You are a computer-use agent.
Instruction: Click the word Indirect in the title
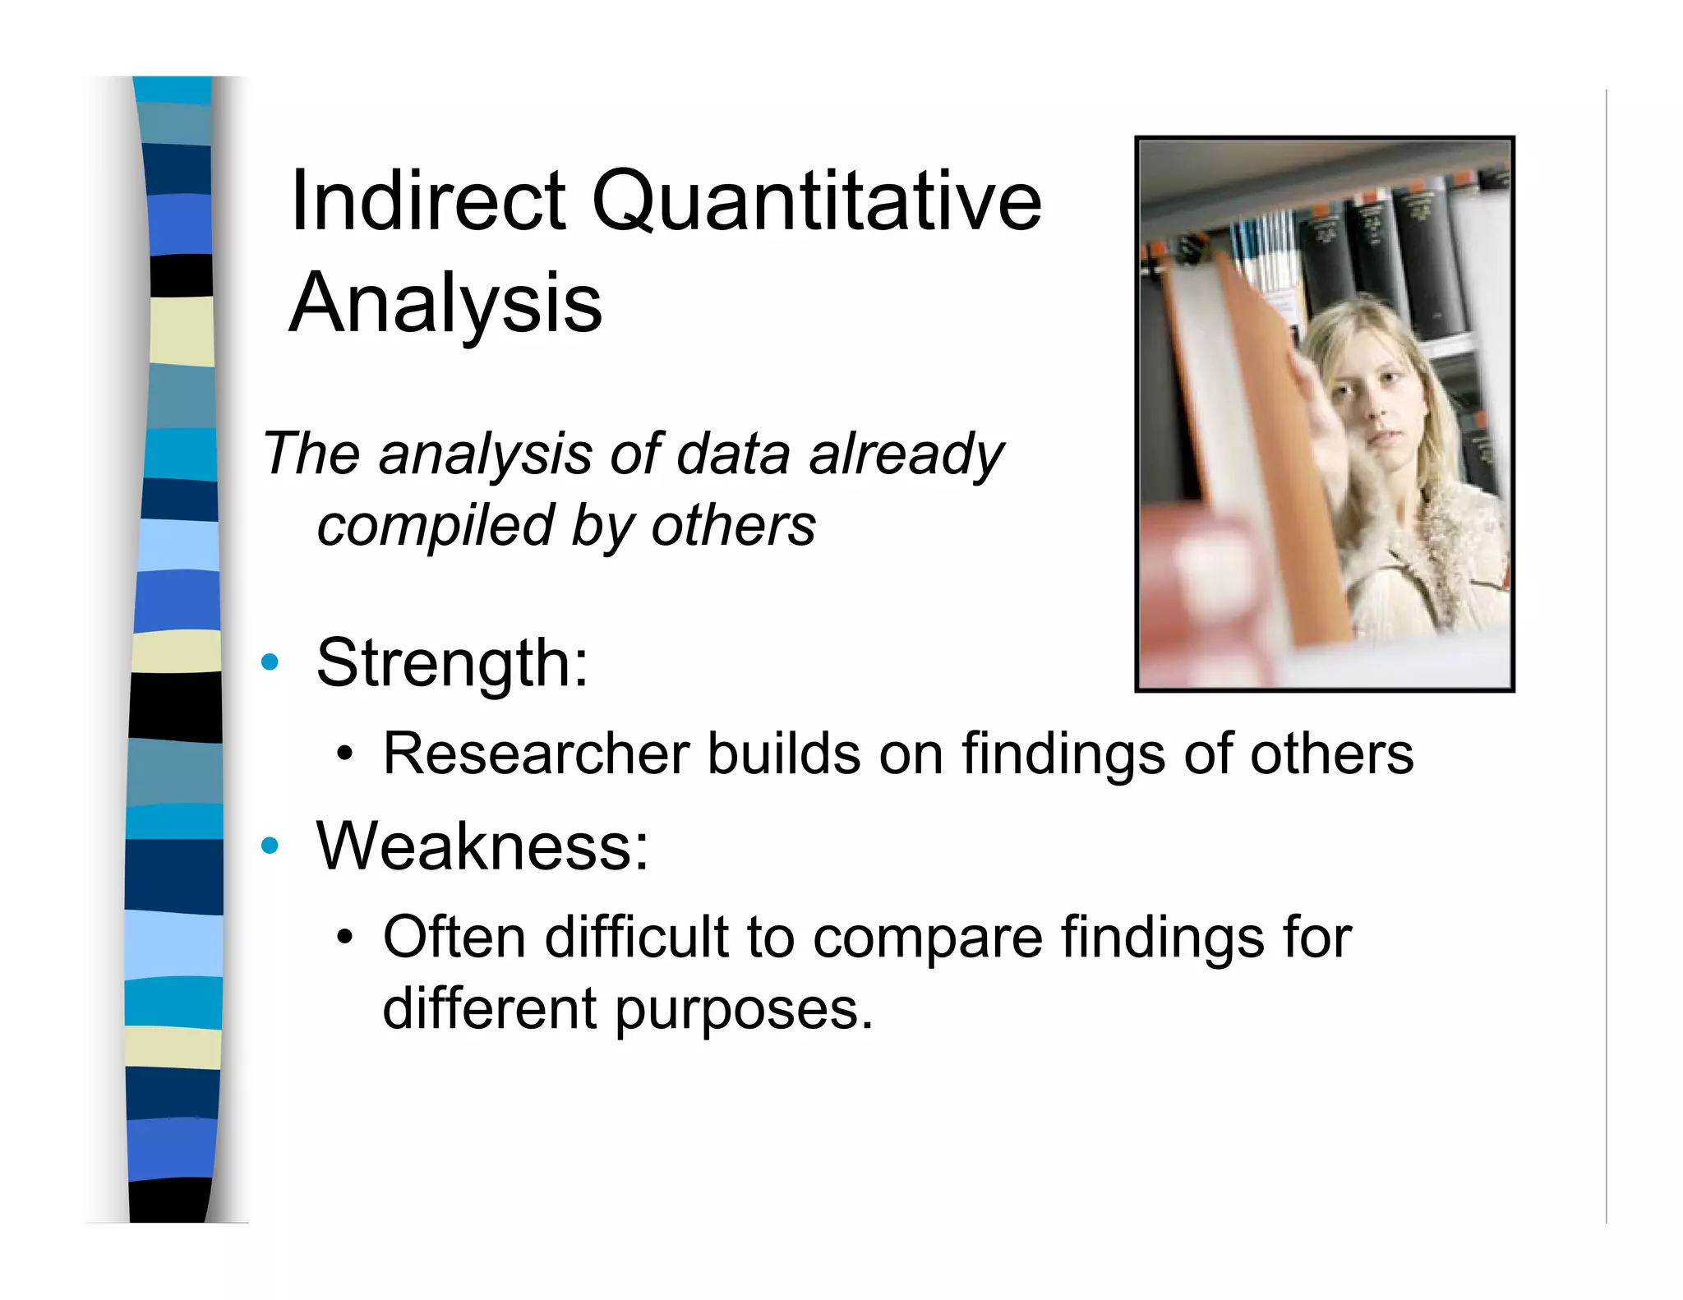tap(427, 200)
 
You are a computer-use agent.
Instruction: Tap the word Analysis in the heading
tap(446, 304)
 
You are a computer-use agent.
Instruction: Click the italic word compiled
tap(436, 526)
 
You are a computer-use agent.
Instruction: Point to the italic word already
tap(906, 454)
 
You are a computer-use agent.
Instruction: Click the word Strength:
tap(453, 663)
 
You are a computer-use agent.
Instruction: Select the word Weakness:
tap(482, 846)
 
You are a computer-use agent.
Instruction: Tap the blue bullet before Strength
tap(270, 662)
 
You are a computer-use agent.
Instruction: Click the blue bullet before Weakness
tap(270, 846)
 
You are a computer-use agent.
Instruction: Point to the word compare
tap(927, 938)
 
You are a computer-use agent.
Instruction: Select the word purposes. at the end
tap(744, 1010)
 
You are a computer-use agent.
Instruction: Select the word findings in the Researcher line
tap(1063, 754)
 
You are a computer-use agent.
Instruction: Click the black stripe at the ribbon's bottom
tap(170, 1200)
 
